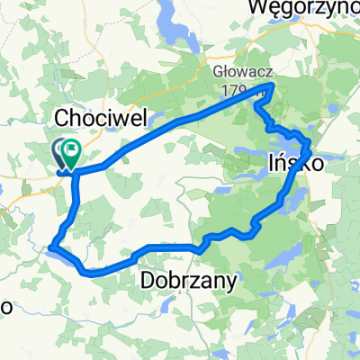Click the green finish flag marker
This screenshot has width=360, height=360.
click(71, 149)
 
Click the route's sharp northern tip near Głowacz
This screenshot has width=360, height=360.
click(273, 85)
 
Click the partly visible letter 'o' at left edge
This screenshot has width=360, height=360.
click(4, 306)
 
